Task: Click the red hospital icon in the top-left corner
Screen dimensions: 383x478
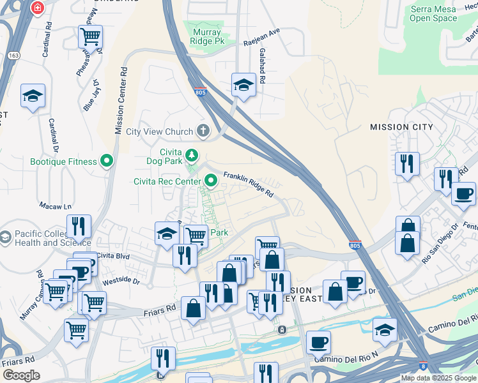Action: pos(38,7)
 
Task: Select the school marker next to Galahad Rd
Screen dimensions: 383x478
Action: pos(243,84)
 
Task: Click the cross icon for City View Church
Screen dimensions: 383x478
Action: pos(203,131)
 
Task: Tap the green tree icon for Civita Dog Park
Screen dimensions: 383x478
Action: pos(191,154)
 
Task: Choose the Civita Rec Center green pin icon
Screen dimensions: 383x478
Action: pos(210,181)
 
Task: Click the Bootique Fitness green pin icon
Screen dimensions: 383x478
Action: pos(107,162)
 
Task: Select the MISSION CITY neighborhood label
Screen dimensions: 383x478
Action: pos(401,127)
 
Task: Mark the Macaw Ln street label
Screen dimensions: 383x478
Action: pos(55,206)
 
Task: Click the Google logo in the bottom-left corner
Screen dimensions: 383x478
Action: pos(20,375)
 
